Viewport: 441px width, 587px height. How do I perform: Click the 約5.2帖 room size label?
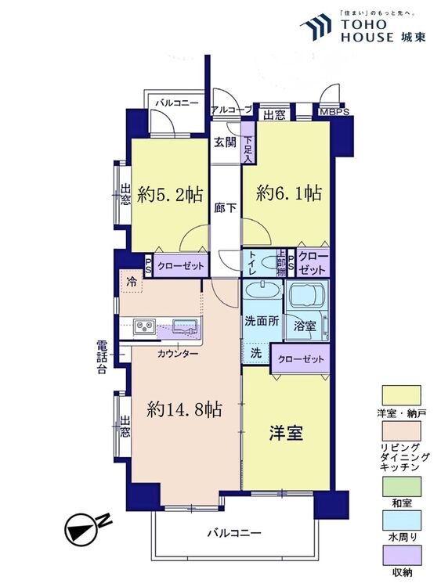[170, 195]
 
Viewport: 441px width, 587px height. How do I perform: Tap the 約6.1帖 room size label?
[289, 194]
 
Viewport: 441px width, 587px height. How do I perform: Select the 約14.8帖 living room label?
[185, 409]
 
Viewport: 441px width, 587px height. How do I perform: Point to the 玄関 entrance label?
[225, 142]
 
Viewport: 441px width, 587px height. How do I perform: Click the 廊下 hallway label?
[225, 207]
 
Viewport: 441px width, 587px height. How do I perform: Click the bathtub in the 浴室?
[306, 295]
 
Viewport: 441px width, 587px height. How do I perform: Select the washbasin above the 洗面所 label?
[262, 290]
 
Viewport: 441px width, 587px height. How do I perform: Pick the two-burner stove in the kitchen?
[146, 326]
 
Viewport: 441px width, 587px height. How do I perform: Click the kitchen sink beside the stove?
[184, 326]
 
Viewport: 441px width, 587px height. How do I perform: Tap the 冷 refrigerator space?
[132, 282]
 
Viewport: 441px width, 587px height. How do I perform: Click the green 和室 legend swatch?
[401, 486]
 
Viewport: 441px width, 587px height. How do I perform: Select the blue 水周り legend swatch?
[401, 520]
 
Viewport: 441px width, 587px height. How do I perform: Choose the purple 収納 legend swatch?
[401, 555]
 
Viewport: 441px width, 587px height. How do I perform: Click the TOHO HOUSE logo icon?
[316, 27]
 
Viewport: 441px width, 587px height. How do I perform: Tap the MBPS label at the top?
[334, 112]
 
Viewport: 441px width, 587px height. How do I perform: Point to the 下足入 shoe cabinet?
[248, 142]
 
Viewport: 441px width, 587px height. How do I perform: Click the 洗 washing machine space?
[256, 353]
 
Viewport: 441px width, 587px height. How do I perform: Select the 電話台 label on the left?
[101, 357]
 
